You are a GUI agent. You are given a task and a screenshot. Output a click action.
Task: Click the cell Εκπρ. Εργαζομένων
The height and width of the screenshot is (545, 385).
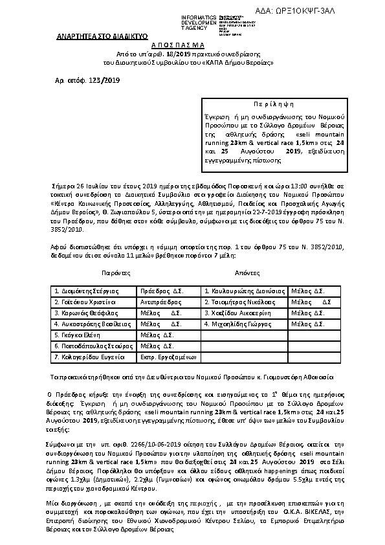(168, 357)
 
